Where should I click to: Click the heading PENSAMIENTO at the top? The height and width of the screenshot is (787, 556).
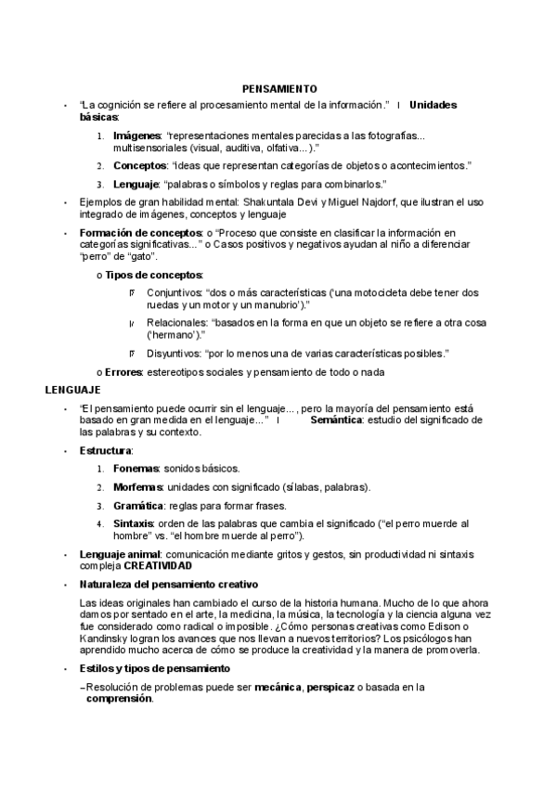pyautogui.click(x=279, y=88)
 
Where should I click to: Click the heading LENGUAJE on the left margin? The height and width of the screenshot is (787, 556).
pyautogui.click(x=72, y=390)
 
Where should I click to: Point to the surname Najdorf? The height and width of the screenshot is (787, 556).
pyautogui.click(x=358, y=201)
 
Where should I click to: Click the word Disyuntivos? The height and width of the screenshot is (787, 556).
pyautogui.click(x=178, y=354)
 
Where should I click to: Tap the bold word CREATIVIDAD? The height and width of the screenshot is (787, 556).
pyautogui.click(x=159, y=566)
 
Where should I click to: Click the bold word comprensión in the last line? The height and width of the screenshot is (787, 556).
pyautogui.click(x=119, y=699)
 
